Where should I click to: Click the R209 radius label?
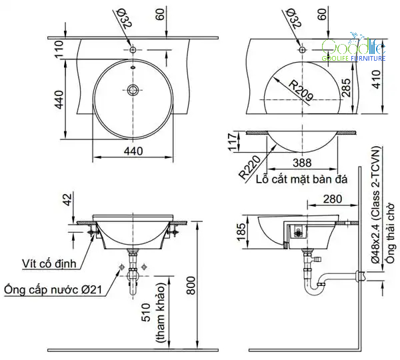301,90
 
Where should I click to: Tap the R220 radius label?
250,167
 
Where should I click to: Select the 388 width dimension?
302,163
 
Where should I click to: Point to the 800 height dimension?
191,285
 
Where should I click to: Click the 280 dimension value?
333,199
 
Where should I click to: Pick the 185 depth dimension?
241,232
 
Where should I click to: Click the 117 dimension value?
233,142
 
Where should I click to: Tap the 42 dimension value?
67,199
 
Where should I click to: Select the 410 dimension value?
376,79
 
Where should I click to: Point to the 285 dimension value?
345,88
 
